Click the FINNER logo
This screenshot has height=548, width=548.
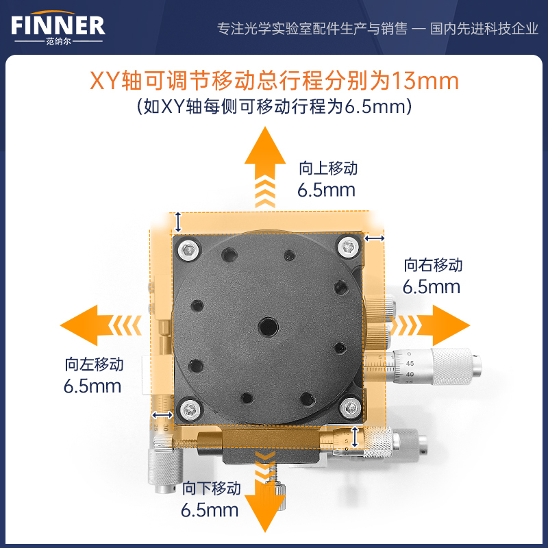[x=58, y=27]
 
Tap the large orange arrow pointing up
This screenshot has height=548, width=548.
[x=265, y=167]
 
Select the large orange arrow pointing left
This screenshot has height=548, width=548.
[x=101, y=325]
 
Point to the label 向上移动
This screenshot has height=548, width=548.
[x=328, y=168]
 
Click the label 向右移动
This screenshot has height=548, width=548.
[x=433, y=265]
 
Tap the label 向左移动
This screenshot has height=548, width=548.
[x=94, y=364]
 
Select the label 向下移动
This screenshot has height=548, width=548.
[x=212, y=488]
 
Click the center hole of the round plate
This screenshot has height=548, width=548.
[x=268, y=327]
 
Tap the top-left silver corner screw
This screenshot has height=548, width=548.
[x=189, y=249]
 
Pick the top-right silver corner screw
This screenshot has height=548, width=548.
[x=349, y=247]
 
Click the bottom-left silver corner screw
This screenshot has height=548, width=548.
[x=190, y=408]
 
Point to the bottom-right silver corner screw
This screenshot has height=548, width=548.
[x=351, y=408]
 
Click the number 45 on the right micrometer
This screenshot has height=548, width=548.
[x=410, y=364]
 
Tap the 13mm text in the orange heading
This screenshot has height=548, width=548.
[x=425, y=81]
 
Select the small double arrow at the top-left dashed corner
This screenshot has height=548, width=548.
[x=178, y=222]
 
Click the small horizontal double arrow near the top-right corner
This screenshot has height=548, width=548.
[x=374, y=238]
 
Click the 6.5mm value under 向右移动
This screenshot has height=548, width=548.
[x=432, y=287]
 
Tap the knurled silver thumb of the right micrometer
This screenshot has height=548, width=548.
[x=451, y=366]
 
